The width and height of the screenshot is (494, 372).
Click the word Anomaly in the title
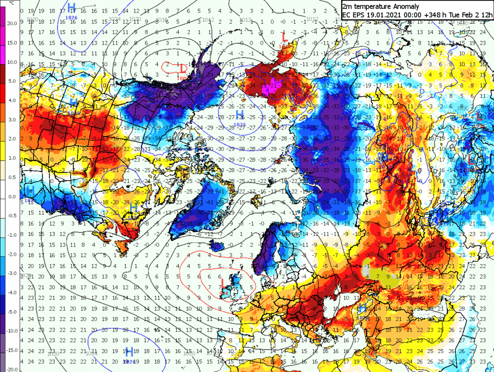404,7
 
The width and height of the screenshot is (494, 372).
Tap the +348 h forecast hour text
426,14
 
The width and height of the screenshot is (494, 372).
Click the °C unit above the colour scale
5,4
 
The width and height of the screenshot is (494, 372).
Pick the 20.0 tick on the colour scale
11,23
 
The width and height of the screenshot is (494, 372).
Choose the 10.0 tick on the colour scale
11,62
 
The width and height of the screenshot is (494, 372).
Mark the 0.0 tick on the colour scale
12,197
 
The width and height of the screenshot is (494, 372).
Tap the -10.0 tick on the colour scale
11,331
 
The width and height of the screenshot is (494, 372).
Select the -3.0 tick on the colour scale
12,273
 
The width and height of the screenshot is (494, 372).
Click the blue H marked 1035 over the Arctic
240,114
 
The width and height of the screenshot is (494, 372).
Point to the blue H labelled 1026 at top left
71,7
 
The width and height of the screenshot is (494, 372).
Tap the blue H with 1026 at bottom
129,351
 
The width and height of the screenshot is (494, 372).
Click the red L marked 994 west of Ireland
223,283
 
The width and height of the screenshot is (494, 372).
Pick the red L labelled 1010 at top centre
285,37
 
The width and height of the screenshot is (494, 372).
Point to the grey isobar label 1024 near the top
115,19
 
